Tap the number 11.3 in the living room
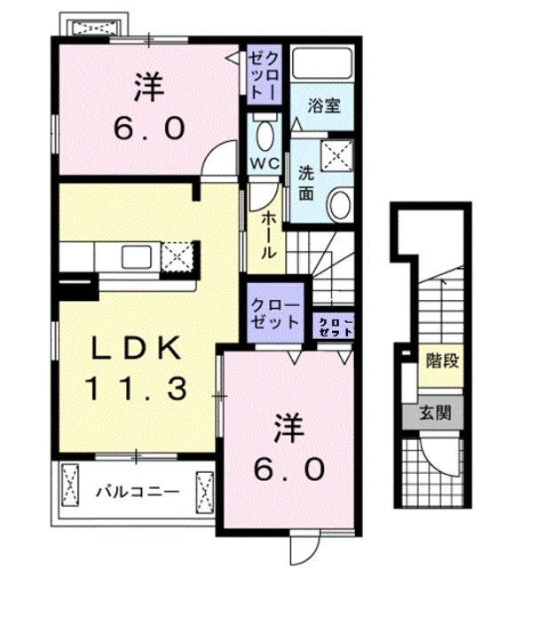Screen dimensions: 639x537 pyautogui.click(x=137, y=387)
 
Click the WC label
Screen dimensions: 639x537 pyautogui.click(x=265, y=164)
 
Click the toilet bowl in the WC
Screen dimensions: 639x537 pyautogui.click(x=265, y=136)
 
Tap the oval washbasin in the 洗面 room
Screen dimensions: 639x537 pyautogui.click(x=339, y=205)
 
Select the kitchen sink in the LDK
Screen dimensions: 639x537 pyautogui.click(x=136, y=258)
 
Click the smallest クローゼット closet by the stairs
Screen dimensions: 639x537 pyautogui.click(x=336, y=325)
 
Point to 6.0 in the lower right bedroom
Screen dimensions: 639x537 pyautogui.click(x=290, y=468)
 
